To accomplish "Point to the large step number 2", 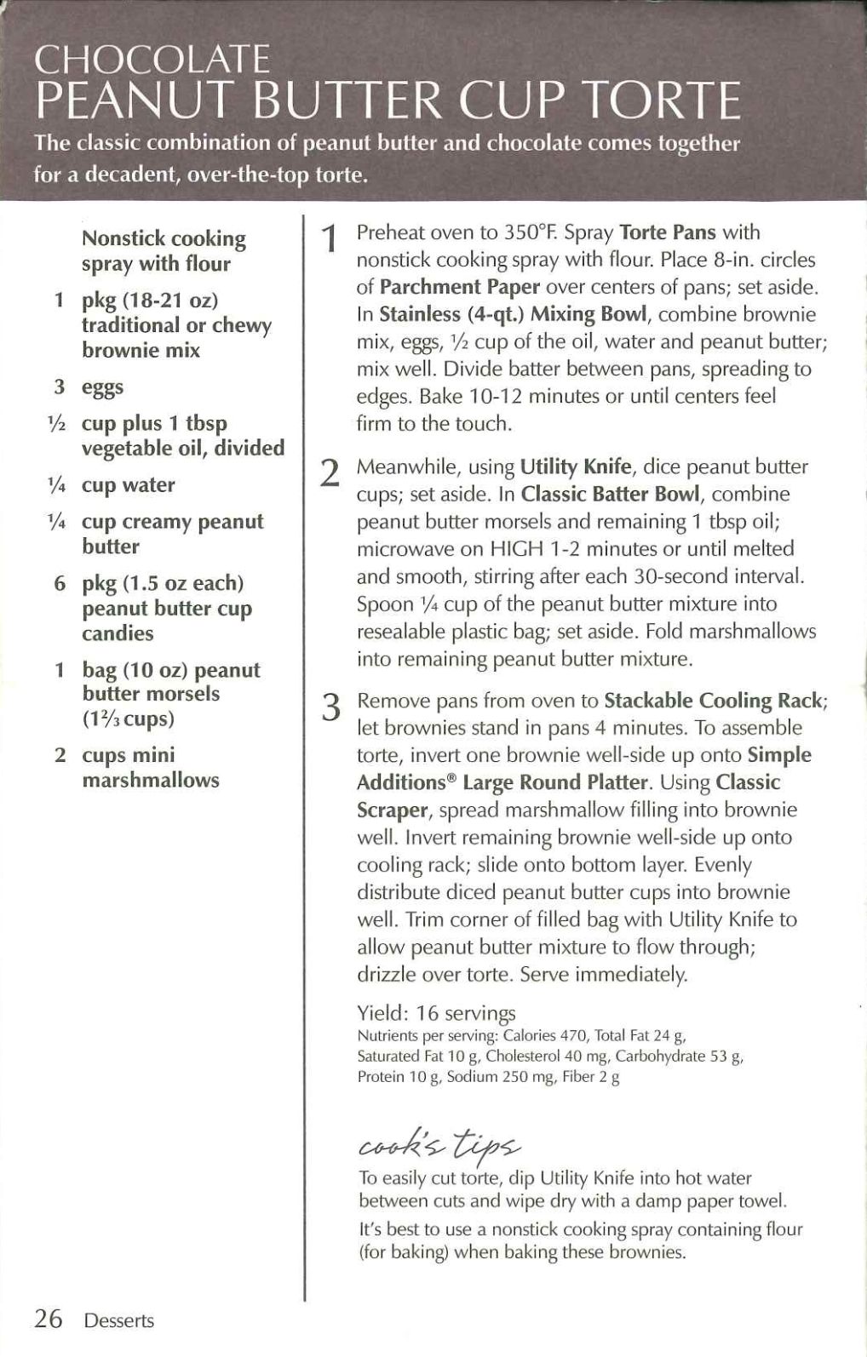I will click(x=330, y=472).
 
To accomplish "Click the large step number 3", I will click(x=330, y=707).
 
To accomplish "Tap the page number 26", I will click(x=49, y=1319).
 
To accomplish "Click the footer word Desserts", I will click(x=118, y=1320).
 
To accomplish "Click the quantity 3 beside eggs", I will click(x=60, y=386).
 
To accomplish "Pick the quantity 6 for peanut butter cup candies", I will click(x=60, y=584).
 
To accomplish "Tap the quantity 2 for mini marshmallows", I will click(x=60, y=755).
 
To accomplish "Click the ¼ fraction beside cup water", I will click(x=59, y=485).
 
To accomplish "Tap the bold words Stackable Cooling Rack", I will click(x=714, y=701).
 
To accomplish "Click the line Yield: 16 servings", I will click(x=436, y=1013).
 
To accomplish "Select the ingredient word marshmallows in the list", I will click(x=150, y=780).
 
